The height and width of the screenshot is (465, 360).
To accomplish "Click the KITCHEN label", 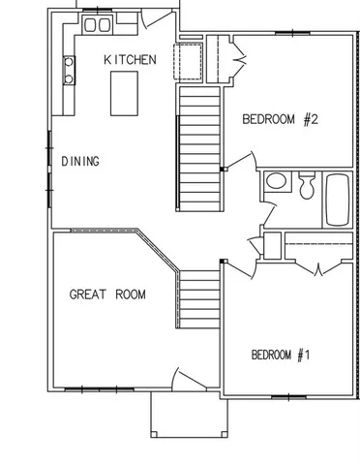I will [130, 60].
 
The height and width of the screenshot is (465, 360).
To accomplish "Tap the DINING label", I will [80, 162].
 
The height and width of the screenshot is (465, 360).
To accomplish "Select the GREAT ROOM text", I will [107, 294].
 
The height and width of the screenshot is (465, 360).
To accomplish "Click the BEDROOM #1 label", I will [280, 355].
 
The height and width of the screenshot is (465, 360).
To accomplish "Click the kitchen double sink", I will [97, 25].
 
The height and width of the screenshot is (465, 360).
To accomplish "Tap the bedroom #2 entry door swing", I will [239, 160].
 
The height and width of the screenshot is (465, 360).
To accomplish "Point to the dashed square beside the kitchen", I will [188, 60].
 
